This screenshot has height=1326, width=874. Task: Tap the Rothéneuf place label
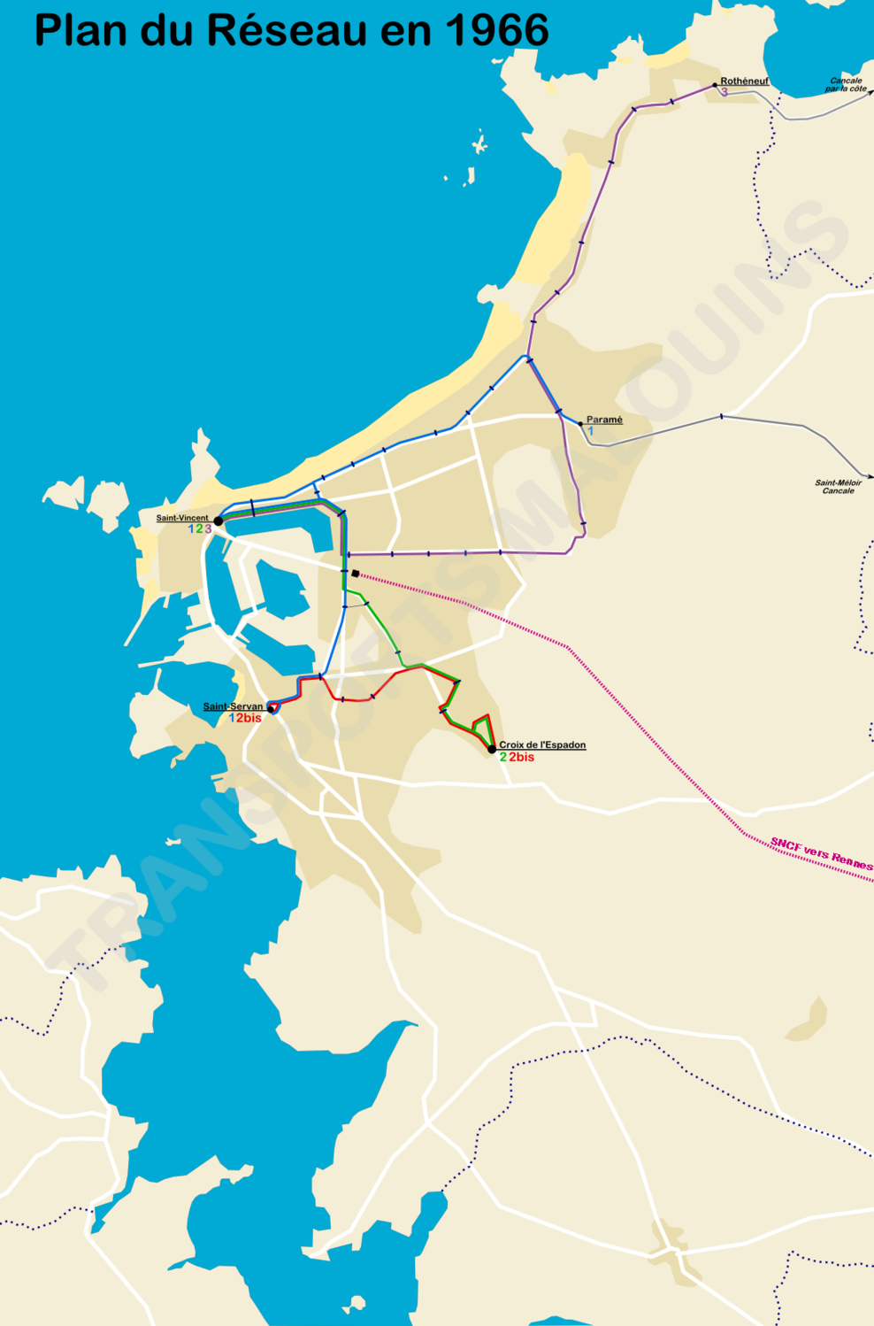[744, 81]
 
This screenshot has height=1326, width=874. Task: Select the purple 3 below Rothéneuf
[724, 92]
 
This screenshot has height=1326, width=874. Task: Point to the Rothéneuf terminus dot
[715, 85]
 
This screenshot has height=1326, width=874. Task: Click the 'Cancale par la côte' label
[846, 85]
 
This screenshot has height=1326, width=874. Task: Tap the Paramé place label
[604, 420]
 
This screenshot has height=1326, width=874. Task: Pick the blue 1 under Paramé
[591, 431]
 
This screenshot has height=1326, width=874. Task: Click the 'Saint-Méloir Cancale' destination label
[838, 486]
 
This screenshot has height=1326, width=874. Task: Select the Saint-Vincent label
[182, 518]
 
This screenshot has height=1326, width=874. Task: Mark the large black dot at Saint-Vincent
[218, 521]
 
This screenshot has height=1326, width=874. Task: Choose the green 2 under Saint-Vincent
[199, 529]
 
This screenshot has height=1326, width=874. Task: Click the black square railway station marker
[355, 574]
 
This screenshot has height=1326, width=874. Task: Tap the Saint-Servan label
[233, 706]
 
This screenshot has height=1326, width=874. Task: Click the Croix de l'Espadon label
[541, 745]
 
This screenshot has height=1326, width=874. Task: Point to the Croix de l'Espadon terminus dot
[492, 750]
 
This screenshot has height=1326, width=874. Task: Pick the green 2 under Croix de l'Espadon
[503, 758]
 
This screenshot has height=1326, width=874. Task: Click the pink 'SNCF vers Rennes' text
[821, 854]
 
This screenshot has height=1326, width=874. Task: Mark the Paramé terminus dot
[580, 423]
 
